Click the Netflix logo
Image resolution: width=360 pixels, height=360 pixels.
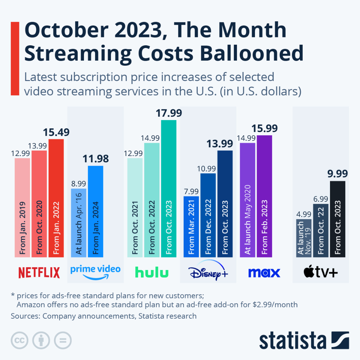(x=39, y=272)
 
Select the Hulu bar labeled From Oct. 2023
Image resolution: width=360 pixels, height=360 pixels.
(x=169, y=188)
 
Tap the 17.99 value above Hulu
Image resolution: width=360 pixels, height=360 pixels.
(x=169, y=113)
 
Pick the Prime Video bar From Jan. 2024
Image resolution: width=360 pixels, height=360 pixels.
(x=96, y=211)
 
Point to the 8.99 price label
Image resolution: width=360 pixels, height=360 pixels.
(x=79, y=184)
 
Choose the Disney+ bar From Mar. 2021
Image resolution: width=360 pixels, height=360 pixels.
(x=191, y=227)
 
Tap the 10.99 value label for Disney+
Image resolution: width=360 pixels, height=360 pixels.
(x=208, y=169)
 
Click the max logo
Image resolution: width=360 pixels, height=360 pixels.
(x=264, y=273)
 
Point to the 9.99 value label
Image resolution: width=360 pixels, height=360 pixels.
(x=337, y=174)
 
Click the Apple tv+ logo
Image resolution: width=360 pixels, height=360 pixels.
(x=321, y=273)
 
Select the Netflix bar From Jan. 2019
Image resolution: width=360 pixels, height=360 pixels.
(x=22, y=207)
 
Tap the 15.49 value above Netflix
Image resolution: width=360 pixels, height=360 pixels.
(x=56, y=132)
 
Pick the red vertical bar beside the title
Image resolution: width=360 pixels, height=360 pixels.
(x=15, y=59)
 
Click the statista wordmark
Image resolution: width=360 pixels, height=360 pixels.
(x=293, y=341)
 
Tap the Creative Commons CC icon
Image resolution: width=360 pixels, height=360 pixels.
(x=19, y=340)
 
